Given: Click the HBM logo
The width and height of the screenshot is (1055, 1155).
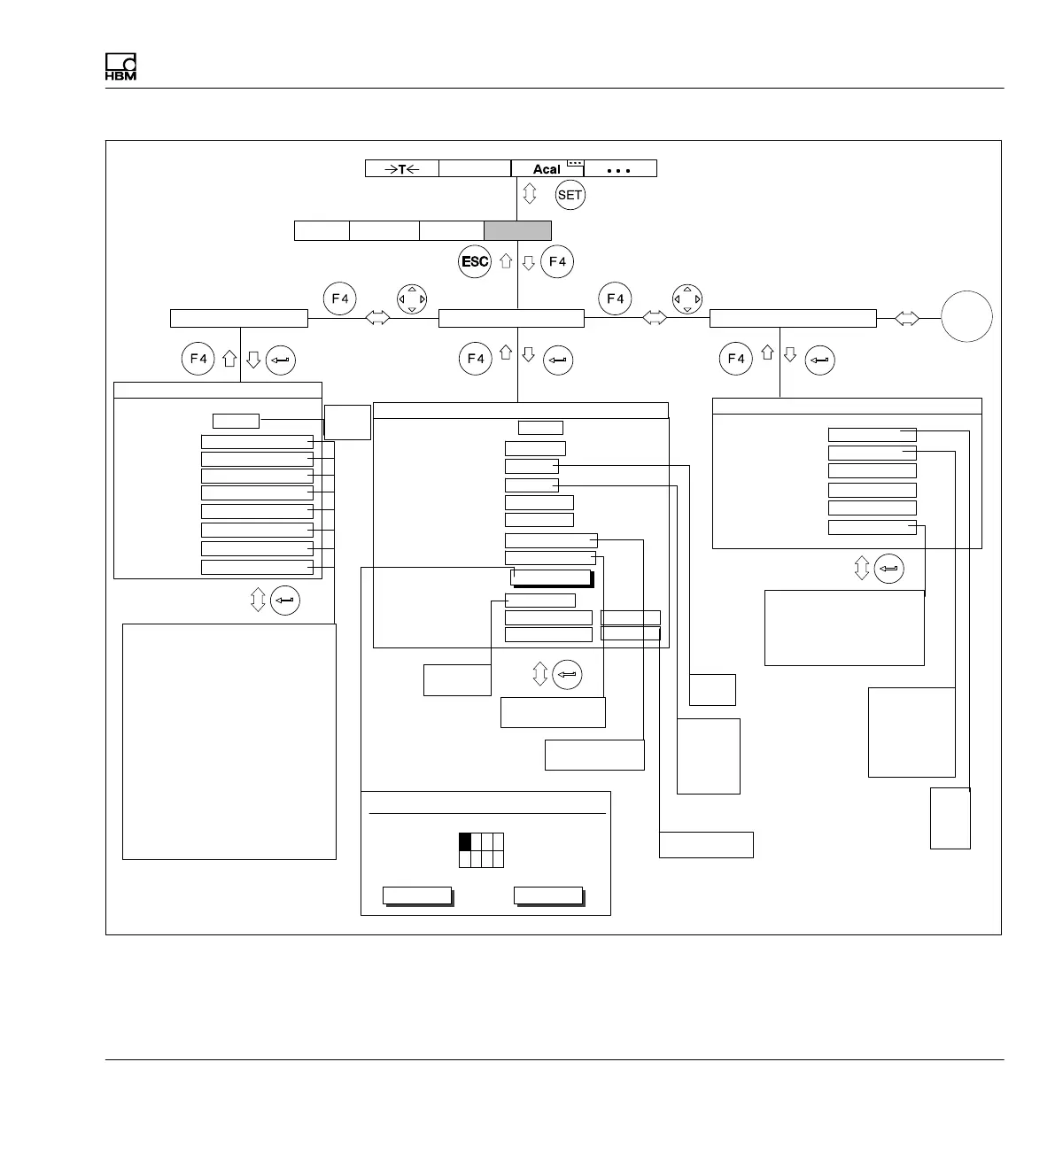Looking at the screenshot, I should coord(120,68).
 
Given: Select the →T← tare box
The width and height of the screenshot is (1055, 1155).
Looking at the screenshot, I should coord(402,168).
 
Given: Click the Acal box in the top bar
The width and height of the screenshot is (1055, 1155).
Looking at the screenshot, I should coord(547,168).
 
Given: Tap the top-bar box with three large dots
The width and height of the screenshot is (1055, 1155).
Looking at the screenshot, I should coord(620,168).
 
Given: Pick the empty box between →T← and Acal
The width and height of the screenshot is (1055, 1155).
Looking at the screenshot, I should coord(475,168).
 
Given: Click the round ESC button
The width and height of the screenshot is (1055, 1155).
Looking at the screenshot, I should coord(475,262).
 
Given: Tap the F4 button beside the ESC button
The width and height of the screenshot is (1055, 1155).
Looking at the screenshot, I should coord(557,262).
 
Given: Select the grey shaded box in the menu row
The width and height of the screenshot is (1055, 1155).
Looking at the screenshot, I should coord(517,231).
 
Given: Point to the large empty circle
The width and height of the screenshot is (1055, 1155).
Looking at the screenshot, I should coord(966,318).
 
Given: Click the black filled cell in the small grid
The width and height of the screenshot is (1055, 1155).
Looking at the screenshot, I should coord(465,841).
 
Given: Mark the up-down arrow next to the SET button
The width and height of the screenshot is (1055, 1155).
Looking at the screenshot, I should coord(530,194).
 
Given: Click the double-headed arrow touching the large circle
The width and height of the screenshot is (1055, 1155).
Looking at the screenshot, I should coord(908,319).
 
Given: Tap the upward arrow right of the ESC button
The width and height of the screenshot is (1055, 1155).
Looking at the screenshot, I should coord(506,261).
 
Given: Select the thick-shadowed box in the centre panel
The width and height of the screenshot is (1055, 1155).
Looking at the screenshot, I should coord(552,578).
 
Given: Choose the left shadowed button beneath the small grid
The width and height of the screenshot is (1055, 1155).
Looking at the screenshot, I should coord(417,895).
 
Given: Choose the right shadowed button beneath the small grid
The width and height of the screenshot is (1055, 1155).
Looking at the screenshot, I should coord(548,895).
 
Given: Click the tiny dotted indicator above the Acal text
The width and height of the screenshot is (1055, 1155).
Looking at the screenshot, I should coord(576,163).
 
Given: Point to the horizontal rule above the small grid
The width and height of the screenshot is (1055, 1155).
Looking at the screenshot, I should coord(486,812).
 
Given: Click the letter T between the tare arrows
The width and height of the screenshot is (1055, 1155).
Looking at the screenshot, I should coord(402,169).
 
